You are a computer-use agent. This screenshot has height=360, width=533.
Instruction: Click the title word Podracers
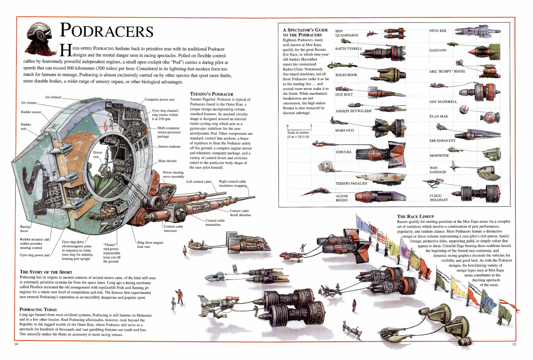point(107,31)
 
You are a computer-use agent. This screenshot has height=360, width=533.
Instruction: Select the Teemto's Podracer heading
point(211,94)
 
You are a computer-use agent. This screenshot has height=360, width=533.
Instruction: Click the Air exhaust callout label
point(53,97)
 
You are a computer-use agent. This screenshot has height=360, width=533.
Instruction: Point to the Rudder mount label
point(30,112)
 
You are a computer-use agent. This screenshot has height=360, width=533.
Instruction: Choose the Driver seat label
point(97,155)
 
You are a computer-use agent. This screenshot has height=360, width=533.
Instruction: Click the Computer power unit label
point(159,100)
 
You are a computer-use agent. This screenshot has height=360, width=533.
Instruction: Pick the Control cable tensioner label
point(173,228)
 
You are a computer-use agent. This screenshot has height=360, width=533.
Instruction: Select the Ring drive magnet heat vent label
point(150,244)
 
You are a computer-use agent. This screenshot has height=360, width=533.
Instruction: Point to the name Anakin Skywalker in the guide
point(353,111)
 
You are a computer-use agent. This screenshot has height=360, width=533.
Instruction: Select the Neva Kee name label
point(438,31)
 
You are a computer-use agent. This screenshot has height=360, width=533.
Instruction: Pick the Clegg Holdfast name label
point(439,197)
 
